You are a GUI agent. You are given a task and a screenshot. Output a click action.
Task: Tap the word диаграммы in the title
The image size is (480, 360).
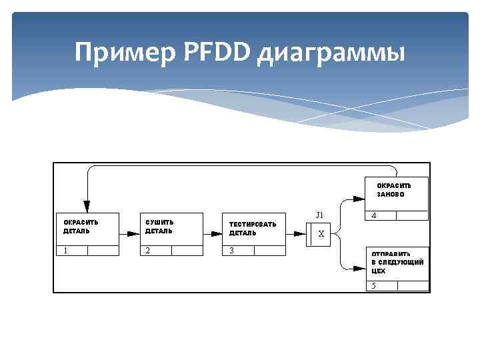click(331, 53)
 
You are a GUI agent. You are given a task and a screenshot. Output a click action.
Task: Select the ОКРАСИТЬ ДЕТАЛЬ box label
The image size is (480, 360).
click(81, 227)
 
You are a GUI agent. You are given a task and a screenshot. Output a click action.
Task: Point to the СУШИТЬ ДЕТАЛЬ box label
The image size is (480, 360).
click(159, 227)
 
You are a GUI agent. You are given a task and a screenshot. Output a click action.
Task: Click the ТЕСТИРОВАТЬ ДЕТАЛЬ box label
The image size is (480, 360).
click(252, 229)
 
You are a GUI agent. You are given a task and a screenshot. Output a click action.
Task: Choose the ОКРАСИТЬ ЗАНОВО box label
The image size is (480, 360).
click(394, 189)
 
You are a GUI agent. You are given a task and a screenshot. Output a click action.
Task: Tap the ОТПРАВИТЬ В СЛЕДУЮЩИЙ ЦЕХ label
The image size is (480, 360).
click(397, 262)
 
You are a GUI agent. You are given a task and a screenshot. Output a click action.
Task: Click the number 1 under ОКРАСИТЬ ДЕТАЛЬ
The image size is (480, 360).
click(66, 251)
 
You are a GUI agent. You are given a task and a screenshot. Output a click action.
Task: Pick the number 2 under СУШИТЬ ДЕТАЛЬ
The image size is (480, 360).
click(147, 251)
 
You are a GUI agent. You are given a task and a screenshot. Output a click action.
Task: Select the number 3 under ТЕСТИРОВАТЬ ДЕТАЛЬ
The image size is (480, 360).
click(231, 251)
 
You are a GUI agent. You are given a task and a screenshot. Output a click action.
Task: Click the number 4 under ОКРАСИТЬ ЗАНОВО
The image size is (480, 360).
click(374, 216)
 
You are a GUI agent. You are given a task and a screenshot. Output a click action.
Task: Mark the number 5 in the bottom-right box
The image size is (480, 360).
click(374, 285)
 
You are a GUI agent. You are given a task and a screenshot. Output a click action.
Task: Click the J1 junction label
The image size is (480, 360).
click(320, 215)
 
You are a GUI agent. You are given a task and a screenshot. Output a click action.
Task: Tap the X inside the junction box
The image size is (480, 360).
click(321, 234)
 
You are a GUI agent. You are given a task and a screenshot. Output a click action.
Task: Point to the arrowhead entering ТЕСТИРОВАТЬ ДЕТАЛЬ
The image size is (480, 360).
click(216, 234)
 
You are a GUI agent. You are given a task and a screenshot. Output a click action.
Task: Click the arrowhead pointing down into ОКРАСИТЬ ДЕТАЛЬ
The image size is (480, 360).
click(87, 206)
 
